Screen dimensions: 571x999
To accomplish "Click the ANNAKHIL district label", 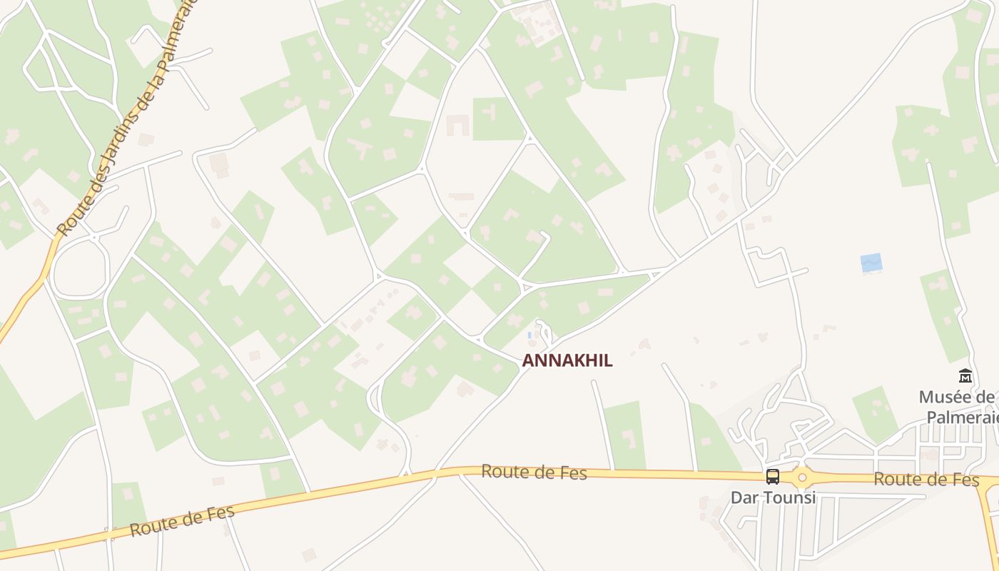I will point(567,360).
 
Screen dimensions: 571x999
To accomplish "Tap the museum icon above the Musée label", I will point(965,375).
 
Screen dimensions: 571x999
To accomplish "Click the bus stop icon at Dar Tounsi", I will point(772,476).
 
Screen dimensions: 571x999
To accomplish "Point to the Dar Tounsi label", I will point(773,497).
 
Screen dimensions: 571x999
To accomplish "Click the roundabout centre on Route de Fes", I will point(802,477).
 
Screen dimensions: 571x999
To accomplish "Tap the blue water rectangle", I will point(871,263).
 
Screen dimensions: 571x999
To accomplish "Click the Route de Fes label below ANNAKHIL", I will point(534,472).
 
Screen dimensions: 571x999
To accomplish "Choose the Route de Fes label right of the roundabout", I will point(926,480).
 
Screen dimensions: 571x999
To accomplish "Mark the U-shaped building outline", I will point(457,126).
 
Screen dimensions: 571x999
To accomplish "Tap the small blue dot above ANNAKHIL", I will point(529,335).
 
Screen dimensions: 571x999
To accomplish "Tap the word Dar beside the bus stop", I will point(744,497).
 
